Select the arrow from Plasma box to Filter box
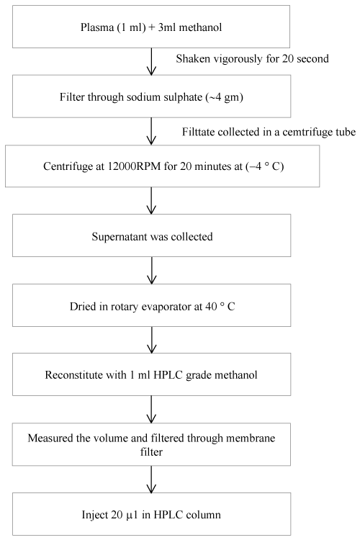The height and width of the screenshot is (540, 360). pos(151,61)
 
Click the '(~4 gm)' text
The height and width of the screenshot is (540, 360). pos(225,97)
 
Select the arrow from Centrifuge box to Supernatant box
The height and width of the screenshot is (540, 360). pos(151,201)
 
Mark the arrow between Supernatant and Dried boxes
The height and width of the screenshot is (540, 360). pos(151,270)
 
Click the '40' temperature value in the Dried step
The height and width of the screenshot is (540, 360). pos(211,306)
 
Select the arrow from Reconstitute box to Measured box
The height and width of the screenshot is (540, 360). pos(151,409)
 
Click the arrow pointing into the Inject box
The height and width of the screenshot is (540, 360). pos(151,480)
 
